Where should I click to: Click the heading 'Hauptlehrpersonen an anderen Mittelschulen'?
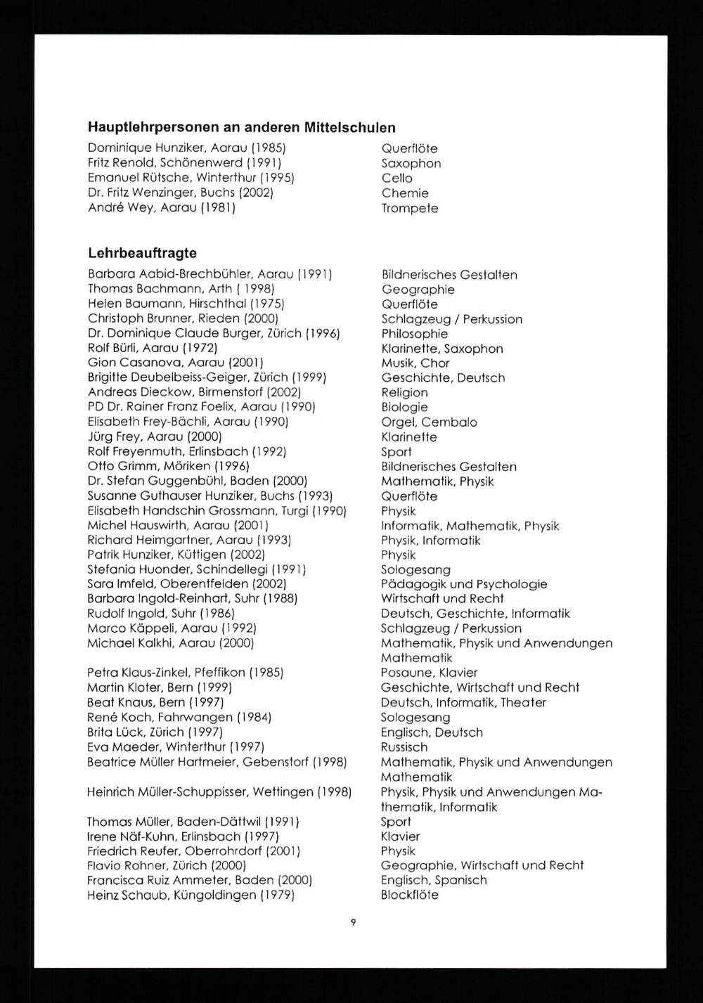click(x=241, y=128)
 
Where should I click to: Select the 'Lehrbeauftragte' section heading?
click(x=142, y=253)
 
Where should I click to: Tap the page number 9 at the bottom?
click(x=352, y=922)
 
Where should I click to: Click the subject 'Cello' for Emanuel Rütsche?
click(x=397, y=179)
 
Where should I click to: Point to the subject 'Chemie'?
click(x=405, y=193)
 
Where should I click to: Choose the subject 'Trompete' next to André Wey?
click(x=410, y=209)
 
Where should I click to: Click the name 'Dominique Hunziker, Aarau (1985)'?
click(x=186, y=148)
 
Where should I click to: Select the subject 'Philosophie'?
click(x=414, y=334)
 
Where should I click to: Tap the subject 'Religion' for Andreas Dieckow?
click(x=404, y=393)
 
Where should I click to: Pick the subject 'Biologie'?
click(x=404, y=408)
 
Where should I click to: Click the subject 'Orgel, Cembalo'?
click(x=429, y=422)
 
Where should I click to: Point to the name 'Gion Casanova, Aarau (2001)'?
click(x=175, y=363)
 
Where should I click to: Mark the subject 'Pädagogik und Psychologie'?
click(x=464, y=584)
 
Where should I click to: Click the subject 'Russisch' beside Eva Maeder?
click(x=404, y=747)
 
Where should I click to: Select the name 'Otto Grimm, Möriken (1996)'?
click(x=169, y=466)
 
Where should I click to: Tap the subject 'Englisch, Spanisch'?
click(x=434, y=880)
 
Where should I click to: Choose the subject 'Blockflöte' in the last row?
click(x=410, y=895)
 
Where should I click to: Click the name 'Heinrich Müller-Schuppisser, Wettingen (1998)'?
click(x=219, y=792)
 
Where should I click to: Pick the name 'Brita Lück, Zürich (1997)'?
click(x=167, y=732)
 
